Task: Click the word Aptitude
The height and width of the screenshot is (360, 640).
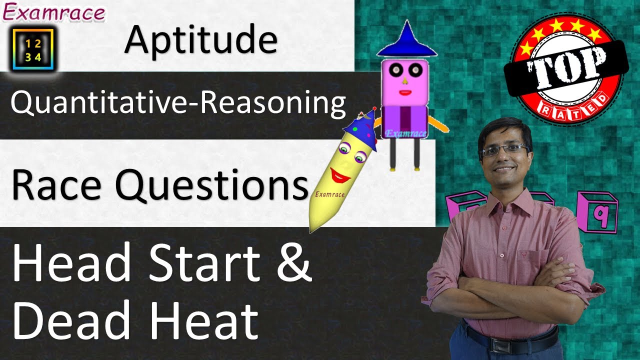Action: click(x=200, y=40)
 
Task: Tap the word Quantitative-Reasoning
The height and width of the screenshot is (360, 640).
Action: click(x=178, y=103)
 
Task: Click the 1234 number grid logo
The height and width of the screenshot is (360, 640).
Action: click(x=33, y=48)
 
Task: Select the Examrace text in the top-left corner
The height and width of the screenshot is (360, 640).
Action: click(x=54, y=12)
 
